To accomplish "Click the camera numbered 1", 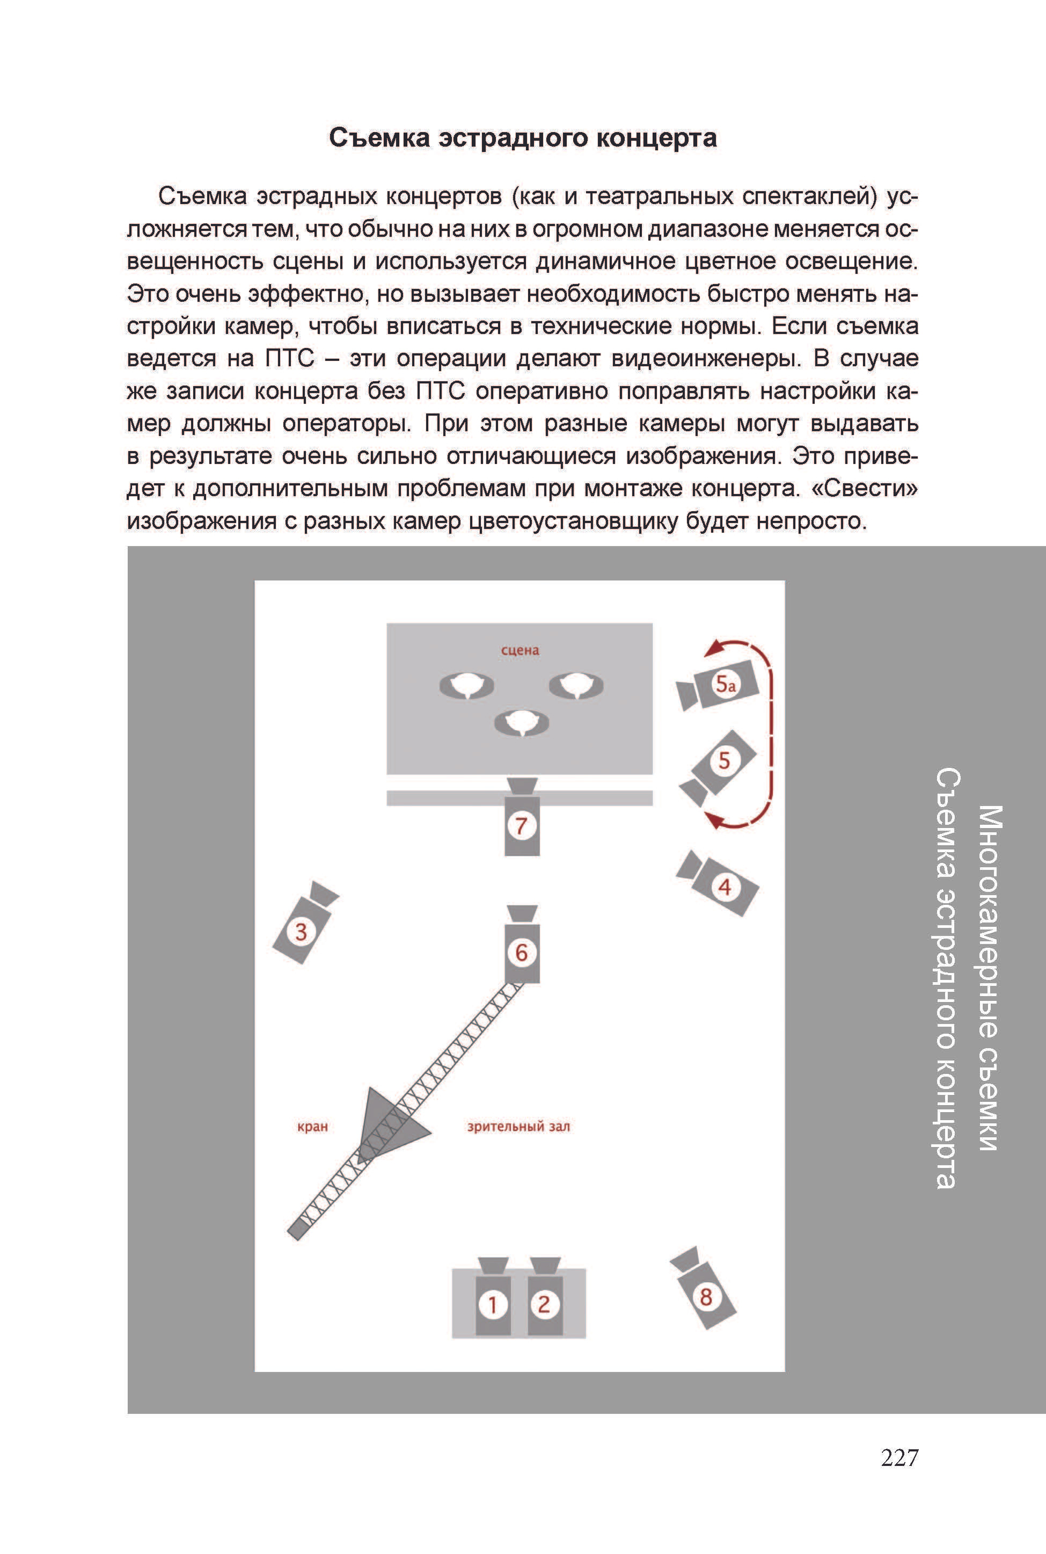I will pyautogui.click(x=493, y=1303).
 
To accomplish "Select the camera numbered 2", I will pyautogui.click(x=544, y=1303).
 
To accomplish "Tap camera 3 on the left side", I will pyautogui.click(x=301, y=931).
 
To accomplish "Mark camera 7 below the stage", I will pyautogui.click(x=521, y=825).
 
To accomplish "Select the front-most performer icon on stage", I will pyautogui.click(x=521, y=723).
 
